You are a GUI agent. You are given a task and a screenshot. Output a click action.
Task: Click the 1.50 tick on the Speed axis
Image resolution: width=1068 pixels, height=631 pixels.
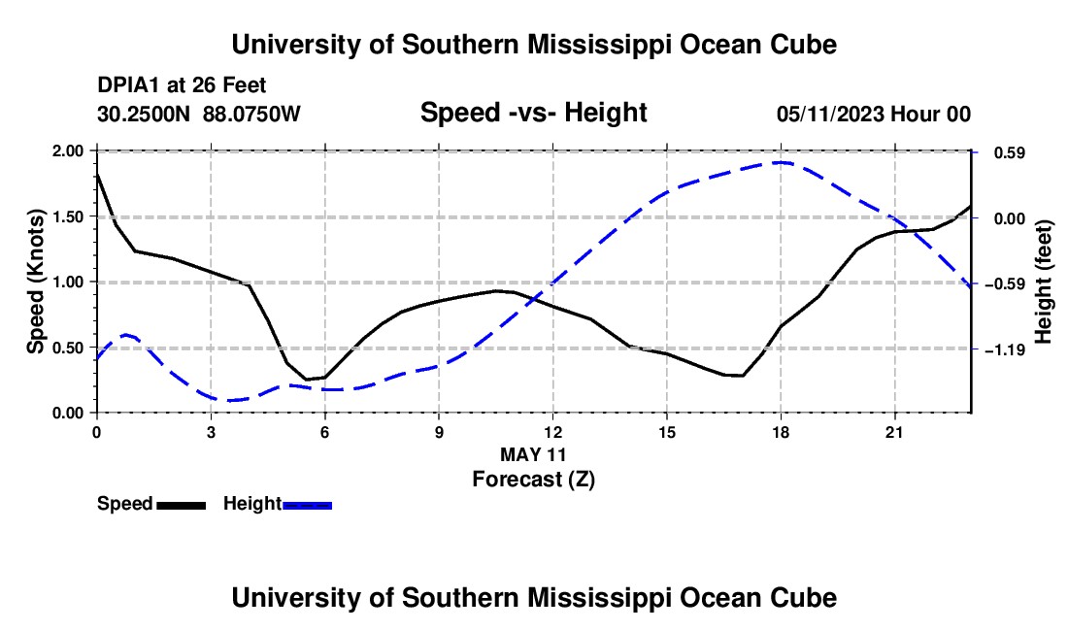coord(68,217)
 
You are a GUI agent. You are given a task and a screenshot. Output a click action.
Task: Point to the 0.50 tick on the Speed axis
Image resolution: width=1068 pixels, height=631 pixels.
coord(68,348)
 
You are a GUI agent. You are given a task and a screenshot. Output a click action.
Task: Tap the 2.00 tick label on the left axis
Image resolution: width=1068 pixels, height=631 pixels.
coord(68,151)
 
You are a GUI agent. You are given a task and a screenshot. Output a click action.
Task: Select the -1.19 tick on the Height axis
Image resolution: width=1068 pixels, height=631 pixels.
coord(1005,350)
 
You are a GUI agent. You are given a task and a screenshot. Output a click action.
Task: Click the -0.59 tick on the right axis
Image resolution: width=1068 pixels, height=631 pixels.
coord(1005,284)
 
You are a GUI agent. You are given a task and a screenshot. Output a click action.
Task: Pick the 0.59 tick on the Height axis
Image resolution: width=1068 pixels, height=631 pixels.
coord(1010,153)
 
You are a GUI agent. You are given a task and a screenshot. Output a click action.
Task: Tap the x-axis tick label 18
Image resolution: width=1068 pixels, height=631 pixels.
coord(781,432)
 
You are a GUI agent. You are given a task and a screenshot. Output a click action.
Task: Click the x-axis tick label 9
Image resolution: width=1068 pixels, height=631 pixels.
coord(439,432)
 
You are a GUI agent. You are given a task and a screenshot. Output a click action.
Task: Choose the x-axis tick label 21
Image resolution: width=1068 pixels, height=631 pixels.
coord(894,432)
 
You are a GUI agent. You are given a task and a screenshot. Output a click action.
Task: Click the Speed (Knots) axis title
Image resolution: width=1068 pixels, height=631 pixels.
coord(35,282)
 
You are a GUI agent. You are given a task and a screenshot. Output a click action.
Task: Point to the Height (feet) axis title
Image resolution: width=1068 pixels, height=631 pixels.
coord(1044,282)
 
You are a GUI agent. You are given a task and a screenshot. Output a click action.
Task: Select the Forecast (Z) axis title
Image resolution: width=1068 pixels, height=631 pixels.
coord(533,480)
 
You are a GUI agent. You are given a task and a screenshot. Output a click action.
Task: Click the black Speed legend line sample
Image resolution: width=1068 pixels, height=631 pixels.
coord(182,505)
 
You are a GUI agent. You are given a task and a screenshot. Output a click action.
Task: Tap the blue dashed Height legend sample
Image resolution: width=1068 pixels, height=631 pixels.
coord(307,505)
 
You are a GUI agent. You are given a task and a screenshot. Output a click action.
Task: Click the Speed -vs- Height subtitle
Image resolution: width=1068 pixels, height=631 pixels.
coord(533,113)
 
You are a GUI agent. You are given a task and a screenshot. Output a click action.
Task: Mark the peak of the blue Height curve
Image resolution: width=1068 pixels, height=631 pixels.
coord(782,162)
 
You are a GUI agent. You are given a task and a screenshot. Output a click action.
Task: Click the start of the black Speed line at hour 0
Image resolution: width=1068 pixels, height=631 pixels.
coord(97,174)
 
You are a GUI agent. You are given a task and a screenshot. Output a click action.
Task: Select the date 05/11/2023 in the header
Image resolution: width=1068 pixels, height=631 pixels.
coord(830,114)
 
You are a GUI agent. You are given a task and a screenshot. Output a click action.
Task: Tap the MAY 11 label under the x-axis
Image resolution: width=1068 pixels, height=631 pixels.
coord(533,454)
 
